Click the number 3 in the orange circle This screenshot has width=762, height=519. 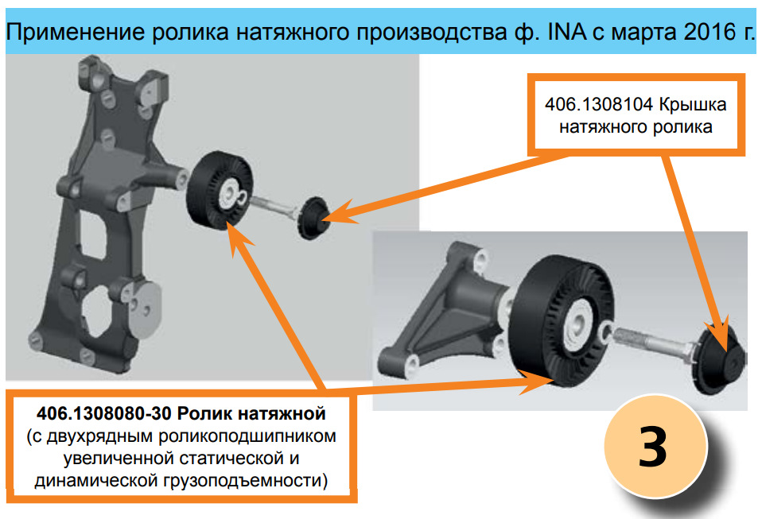pyautogui.click(x=652, y=446)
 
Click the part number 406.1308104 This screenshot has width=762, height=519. pyautogui.click(x=599, y=104)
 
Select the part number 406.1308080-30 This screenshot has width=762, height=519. pyautogui.click(x=104, y=413)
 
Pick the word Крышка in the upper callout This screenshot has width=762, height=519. pyautogui.click(x=693, y=105)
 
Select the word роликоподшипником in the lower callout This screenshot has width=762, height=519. pyautogui.click(x=247, y=436)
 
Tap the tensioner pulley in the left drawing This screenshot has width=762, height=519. pyautogui.click(x=220, y=190)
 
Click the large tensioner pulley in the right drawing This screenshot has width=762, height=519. pyautogui.click(x=564, y=321)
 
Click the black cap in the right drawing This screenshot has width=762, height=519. pyautogui.click(x=718, y=357)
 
